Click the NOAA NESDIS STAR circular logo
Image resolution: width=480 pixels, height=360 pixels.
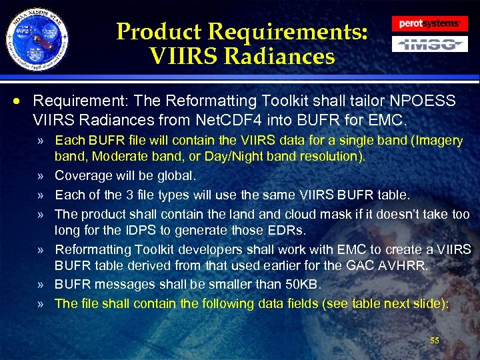[37, 37]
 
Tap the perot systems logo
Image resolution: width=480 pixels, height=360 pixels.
[429, 24]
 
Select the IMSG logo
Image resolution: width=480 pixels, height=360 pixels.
[429, 45]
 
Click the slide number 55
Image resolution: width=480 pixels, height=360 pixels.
[435, 341]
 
